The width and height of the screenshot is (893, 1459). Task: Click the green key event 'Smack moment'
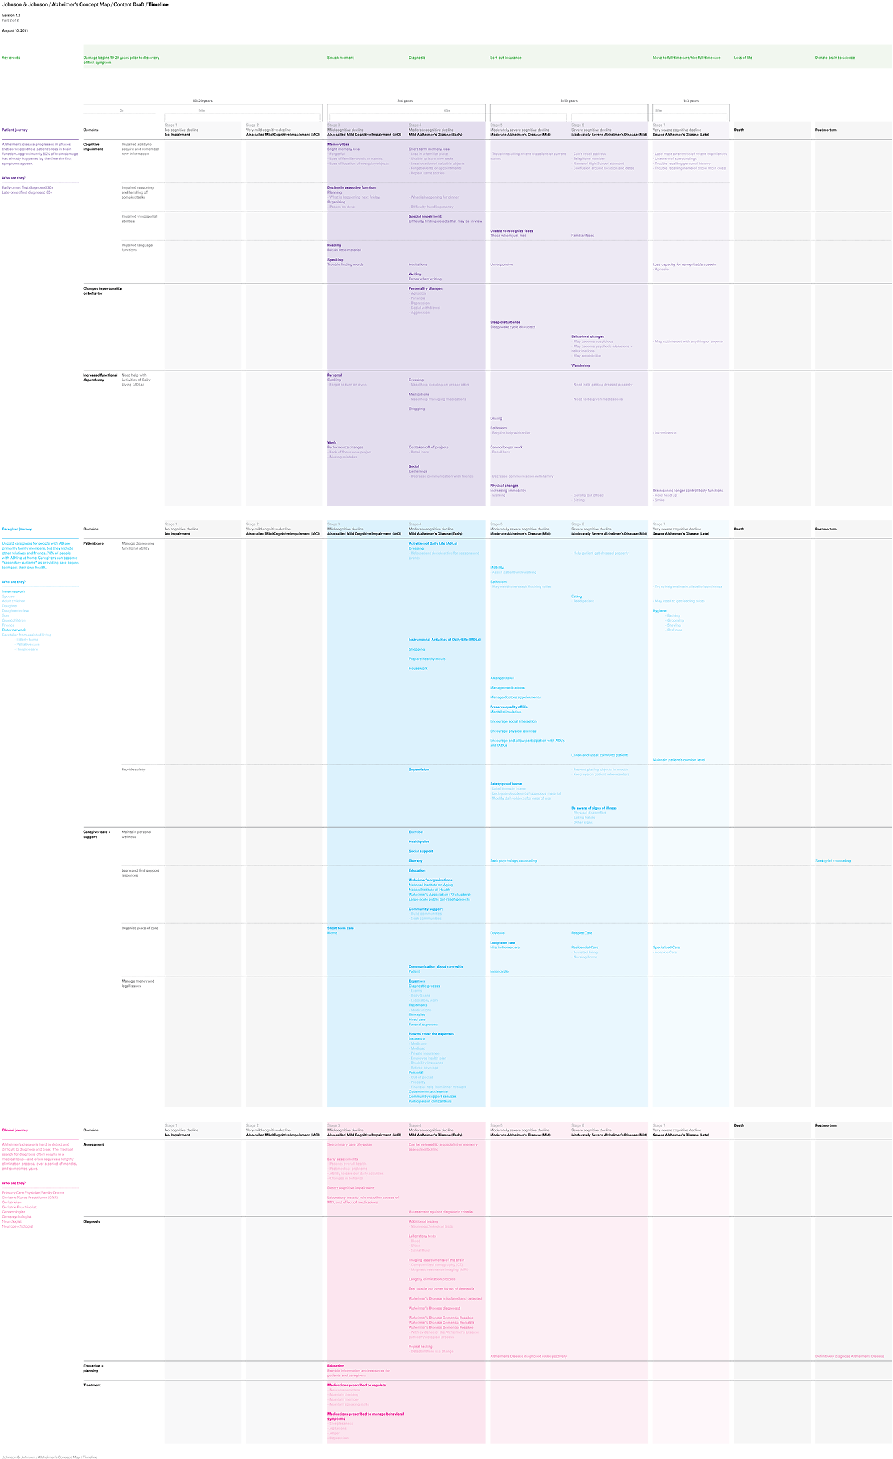click(340, 58)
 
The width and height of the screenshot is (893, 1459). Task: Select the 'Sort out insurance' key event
click(505, 58)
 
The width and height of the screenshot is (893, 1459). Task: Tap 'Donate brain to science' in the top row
click(835, 58)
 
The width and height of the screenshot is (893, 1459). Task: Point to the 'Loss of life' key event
click(743, 58)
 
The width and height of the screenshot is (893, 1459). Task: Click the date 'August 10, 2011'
click(15, 30)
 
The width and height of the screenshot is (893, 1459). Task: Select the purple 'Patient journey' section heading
click(15, 130)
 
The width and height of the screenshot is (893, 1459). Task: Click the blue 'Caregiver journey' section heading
click(17, 529)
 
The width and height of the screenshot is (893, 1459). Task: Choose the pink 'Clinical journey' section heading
click(15, 1130)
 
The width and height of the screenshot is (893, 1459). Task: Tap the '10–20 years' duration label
click(203, 100)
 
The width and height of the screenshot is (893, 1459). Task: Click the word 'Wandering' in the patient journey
click(580, 365)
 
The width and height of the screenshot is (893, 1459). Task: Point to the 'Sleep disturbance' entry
click(505, 322)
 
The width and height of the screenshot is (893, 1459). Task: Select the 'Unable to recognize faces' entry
click(511, 231)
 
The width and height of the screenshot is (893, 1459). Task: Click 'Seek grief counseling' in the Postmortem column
click(833, 861)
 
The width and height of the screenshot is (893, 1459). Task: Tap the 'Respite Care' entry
click(582, 933)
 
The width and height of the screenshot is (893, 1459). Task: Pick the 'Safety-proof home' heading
click(505, 784)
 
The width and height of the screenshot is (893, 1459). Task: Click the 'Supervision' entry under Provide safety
click(419, 769)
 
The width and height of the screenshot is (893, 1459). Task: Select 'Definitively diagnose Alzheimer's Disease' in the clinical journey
click(850, 1357)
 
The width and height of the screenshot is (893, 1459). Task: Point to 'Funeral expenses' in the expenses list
click(423, 1024)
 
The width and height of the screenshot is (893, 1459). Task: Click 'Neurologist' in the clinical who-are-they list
click(12, 1221)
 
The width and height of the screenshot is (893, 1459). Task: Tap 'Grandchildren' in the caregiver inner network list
click(14, 620)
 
